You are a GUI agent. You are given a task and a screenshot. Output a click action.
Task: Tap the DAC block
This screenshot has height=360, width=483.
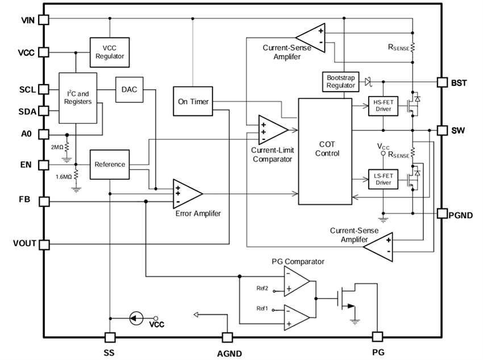pyautogui.click(x=129, y=90)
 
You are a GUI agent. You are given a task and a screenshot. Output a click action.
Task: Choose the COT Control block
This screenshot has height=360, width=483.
pyautogui.click(x=326, y=151)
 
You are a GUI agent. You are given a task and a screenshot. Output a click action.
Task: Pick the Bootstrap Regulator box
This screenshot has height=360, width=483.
pyautogui.click(x=341, y=81)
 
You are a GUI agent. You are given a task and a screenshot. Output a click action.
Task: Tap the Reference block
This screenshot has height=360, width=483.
pyautogui.click(x=110, y=164)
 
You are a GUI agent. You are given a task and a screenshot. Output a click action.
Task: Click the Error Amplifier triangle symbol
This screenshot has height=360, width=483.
pyautogui.click(x=186, y=194)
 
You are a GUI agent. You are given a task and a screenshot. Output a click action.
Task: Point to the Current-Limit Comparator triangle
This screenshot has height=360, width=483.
pyautogui.click(x=270, y=130)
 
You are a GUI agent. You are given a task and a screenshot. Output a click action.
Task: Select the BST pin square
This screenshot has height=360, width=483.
pyautogui.click(x=442, y=82)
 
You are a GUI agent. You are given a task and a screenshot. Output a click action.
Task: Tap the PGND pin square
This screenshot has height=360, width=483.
pyautogui.click(x=442, y=213)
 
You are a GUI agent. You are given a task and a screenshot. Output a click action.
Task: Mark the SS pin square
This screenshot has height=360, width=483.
pyautogui.click(x=110, y=337)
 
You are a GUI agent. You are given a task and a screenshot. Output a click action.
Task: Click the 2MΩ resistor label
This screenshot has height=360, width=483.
pyautogui.click(x=57, y=147)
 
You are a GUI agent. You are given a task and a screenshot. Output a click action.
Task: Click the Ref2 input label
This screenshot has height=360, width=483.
pyautogui.click(x=262, y=288)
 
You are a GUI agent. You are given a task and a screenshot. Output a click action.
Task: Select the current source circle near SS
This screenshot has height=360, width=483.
pyautogui.click(x=135, y=318)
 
